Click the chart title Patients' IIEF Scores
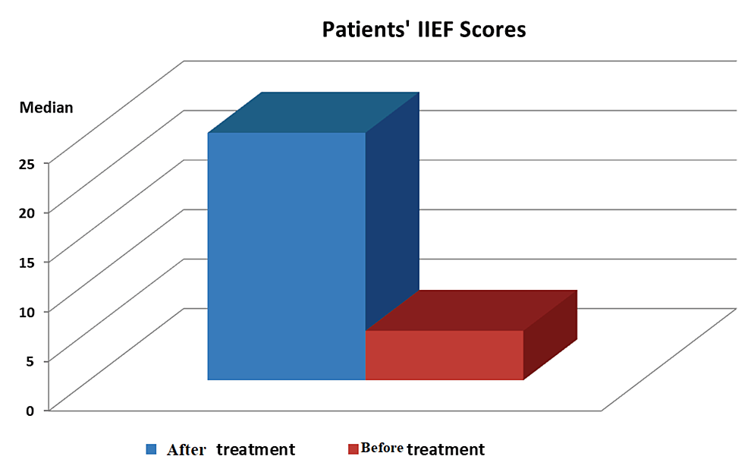(423, 30)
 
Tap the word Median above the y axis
(46, 108)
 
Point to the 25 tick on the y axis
(27, 164)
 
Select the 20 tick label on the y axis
(27, 213)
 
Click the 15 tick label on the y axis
(27, 263)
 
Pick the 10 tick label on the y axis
(27, 312)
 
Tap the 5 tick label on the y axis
(30, 361)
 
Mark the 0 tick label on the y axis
(30, 411)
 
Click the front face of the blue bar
(287, 256)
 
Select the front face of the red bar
(445, 355)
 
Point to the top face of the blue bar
(313, 112)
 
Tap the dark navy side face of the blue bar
(392, 210)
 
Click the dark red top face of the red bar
(471, 310)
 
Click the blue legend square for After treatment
(151, 449)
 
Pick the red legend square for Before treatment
(353, 449)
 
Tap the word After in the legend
(187, 449)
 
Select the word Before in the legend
(382, 448)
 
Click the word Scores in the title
(493, 30)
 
